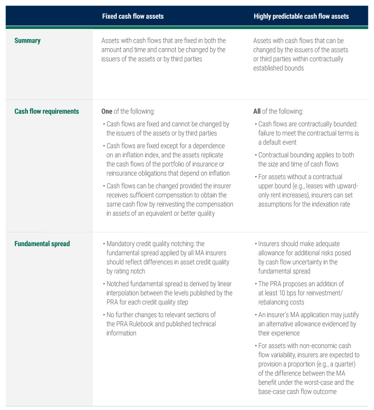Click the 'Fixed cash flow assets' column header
point(132,16)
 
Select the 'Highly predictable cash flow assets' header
point(301,16)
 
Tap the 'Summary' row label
point(27,41)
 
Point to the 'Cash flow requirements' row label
point(47,111)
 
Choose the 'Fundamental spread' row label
point(42,244)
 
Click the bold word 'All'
point(258,111)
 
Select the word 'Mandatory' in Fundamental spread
point(122,244)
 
